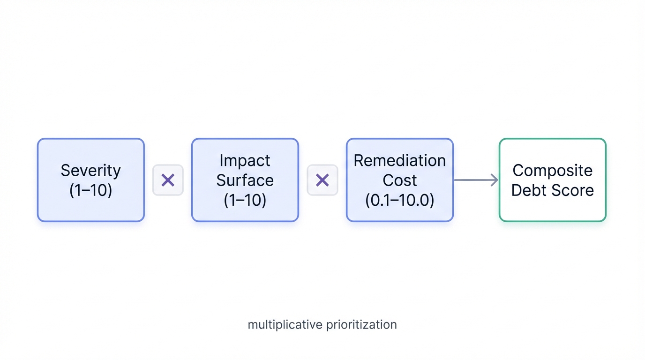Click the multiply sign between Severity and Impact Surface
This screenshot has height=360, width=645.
pos(168,180)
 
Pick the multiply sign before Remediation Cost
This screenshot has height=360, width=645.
pos(322,180)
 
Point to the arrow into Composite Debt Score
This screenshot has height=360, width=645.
pos(476,180)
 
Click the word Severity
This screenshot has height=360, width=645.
pos(90,170)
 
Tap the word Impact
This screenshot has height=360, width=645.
pos(245,160)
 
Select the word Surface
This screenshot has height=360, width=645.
pos(245,180)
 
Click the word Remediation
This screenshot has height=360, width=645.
pos(399,160)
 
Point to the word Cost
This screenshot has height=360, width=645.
pos(399,180)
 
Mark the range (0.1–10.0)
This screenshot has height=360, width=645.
pos(399,200)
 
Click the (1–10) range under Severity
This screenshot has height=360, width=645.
pos(90,190)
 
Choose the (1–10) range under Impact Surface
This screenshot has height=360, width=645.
pos(245,200)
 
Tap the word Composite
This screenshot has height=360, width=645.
pos(552,170)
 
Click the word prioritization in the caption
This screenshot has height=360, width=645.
pos(359,324)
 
